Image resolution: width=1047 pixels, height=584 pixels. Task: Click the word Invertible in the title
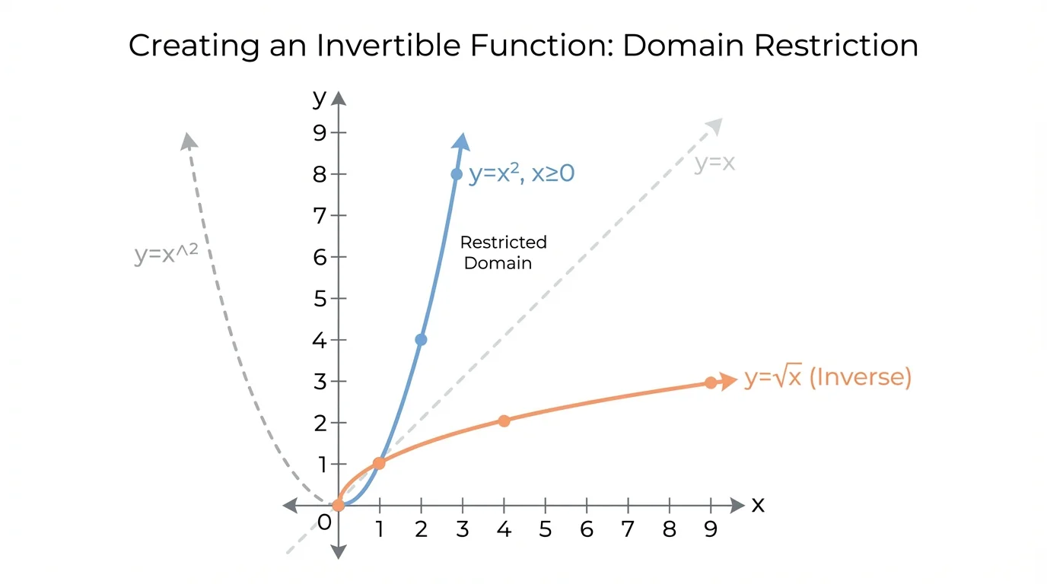click(389, 46)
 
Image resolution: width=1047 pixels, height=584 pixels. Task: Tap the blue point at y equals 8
click(457, 174)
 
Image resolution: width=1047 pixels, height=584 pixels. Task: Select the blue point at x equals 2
click(421, 340)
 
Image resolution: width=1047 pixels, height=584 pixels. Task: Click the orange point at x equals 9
click(711, 383)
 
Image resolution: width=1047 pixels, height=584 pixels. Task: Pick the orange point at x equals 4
click(504, 421)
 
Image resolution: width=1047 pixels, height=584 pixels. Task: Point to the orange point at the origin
click(338, 505)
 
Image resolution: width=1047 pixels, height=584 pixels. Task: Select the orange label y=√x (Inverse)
click(828, 377)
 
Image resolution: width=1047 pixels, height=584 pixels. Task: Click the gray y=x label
click(714, 163)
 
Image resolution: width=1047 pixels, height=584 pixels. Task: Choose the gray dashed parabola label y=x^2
click(167, 254)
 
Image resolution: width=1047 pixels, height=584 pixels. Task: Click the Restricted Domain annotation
click(503, 252)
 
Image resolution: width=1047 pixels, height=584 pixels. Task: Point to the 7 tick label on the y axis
click(320, 216)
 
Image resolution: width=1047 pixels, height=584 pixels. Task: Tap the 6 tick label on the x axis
click(587, 529)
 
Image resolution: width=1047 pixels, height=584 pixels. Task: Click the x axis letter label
click(758, 505)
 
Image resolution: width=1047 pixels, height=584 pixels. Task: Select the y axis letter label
click(320, 98)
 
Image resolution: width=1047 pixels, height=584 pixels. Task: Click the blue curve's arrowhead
click(461, 141)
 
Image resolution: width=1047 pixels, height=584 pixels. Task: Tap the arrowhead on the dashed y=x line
click(714, 126)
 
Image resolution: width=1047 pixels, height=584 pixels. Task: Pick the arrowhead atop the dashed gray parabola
click(189, 141)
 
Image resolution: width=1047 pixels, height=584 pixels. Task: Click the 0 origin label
click(324, 523)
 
